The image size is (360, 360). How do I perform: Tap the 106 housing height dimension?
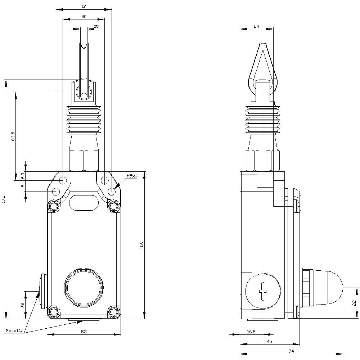point(142,245)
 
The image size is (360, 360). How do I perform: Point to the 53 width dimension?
point(84,331)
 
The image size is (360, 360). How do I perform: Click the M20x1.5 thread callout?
point(14,330)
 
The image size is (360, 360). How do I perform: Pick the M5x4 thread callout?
point(132,176)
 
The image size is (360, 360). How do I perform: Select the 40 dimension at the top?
point(84,6)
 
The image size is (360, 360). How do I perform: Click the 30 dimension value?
point(84,16)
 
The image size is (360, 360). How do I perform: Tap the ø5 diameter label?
point(96,26)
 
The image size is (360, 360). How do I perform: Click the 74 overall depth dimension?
point(291,351)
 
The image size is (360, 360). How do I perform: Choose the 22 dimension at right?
point(354,303)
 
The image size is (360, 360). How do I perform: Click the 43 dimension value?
point(269,341)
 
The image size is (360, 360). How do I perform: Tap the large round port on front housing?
point(84,287)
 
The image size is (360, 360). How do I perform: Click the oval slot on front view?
point(84,202)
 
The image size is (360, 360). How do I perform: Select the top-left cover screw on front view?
point(54,206)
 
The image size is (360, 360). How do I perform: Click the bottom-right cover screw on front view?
point(114,311)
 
